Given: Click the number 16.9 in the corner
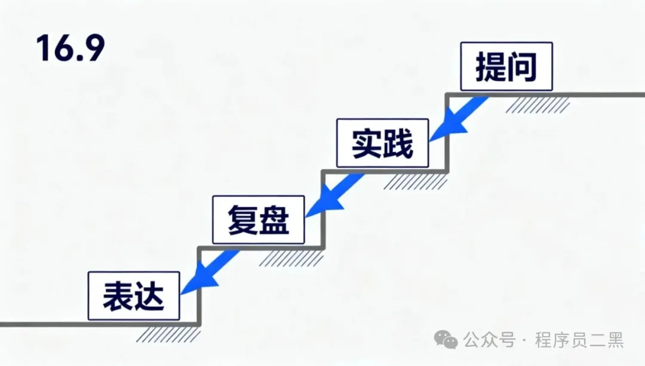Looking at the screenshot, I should (70, 48).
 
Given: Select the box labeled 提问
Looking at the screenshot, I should (506, 66).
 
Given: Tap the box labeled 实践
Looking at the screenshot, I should (382, 143).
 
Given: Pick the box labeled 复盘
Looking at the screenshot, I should (258, 219).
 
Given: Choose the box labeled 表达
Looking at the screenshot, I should (133, 296).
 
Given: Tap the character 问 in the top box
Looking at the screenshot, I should (522, 67).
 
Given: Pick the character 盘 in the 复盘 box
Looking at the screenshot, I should (274, 220).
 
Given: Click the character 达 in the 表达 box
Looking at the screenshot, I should (149, 297).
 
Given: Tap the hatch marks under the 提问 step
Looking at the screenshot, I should (537, 105).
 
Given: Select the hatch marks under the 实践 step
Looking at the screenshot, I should (414, 182).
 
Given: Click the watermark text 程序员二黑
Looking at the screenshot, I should (579, 340).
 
